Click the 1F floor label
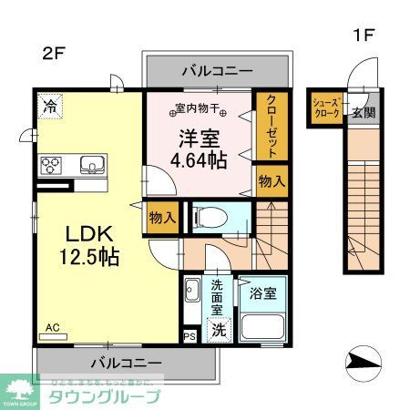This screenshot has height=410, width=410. click(363, 36)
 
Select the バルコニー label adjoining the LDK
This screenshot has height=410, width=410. click(125, 362)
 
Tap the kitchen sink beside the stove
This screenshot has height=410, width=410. click(90, 165)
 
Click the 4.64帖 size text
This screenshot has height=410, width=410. click(206, 161)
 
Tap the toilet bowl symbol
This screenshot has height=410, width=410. click(206, 218)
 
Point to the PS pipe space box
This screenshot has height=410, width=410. click(190, 336)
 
